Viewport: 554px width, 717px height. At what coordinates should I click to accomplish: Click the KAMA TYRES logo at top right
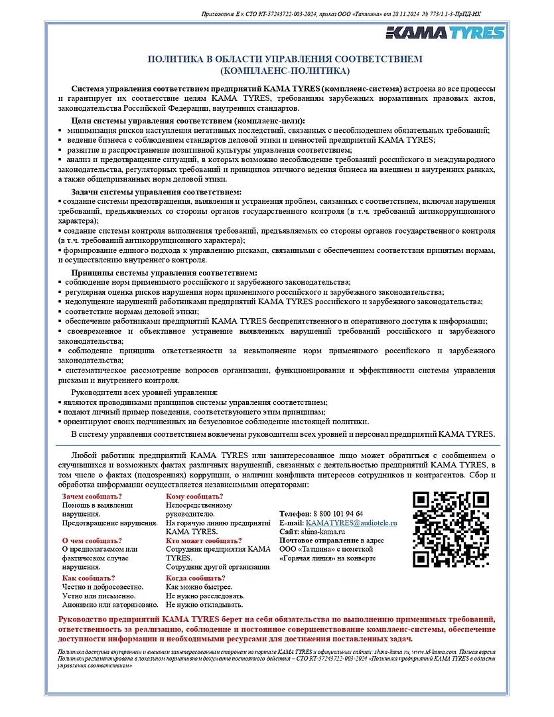[446, 33]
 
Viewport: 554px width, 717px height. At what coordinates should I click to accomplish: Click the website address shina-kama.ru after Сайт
[322, 532]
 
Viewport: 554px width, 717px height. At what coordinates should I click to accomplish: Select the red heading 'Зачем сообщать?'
[92, 497]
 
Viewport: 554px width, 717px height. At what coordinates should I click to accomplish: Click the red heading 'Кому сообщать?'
[194, 497]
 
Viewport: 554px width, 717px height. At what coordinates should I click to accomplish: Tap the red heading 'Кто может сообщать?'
[204, 540]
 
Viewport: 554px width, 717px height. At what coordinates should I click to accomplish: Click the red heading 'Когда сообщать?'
[196, 578]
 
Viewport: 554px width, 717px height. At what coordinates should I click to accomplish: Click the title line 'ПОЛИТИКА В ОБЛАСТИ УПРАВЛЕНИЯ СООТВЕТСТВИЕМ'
[284, 59]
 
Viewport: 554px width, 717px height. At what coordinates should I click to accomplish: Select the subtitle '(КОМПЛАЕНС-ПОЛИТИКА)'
[284, 70]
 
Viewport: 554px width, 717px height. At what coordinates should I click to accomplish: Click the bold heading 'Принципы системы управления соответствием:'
[164, 273]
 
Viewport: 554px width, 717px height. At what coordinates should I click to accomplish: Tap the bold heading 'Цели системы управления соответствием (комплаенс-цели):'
[188, 121]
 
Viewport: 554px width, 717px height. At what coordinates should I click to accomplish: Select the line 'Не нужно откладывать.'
[204, 605]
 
